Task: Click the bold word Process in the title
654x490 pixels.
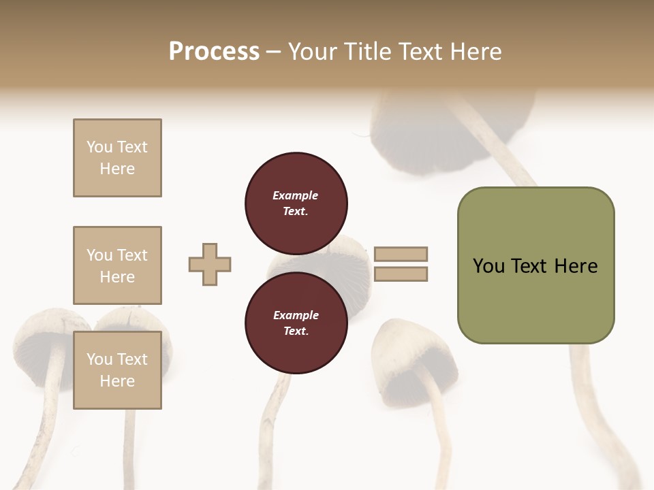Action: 214,52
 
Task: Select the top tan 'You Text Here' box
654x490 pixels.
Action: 117,158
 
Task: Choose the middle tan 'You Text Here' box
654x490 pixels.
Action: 117,265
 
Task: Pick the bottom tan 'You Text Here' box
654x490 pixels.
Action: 117,370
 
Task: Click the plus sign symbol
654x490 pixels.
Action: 210,264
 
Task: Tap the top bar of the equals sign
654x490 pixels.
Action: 401,254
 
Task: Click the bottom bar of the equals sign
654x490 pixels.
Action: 401,274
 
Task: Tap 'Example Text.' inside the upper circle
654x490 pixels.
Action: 296,203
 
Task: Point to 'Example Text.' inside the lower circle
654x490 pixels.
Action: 296,323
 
